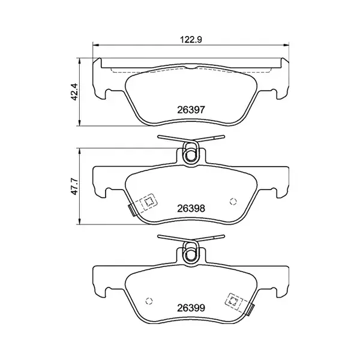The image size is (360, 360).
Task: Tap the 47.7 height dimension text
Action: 74,187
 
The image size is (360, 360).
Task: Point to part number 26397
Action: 191,110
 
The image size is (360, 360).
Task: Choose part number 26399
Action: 191,308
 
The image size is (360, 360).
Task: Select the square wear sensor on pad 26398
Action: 145,203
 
